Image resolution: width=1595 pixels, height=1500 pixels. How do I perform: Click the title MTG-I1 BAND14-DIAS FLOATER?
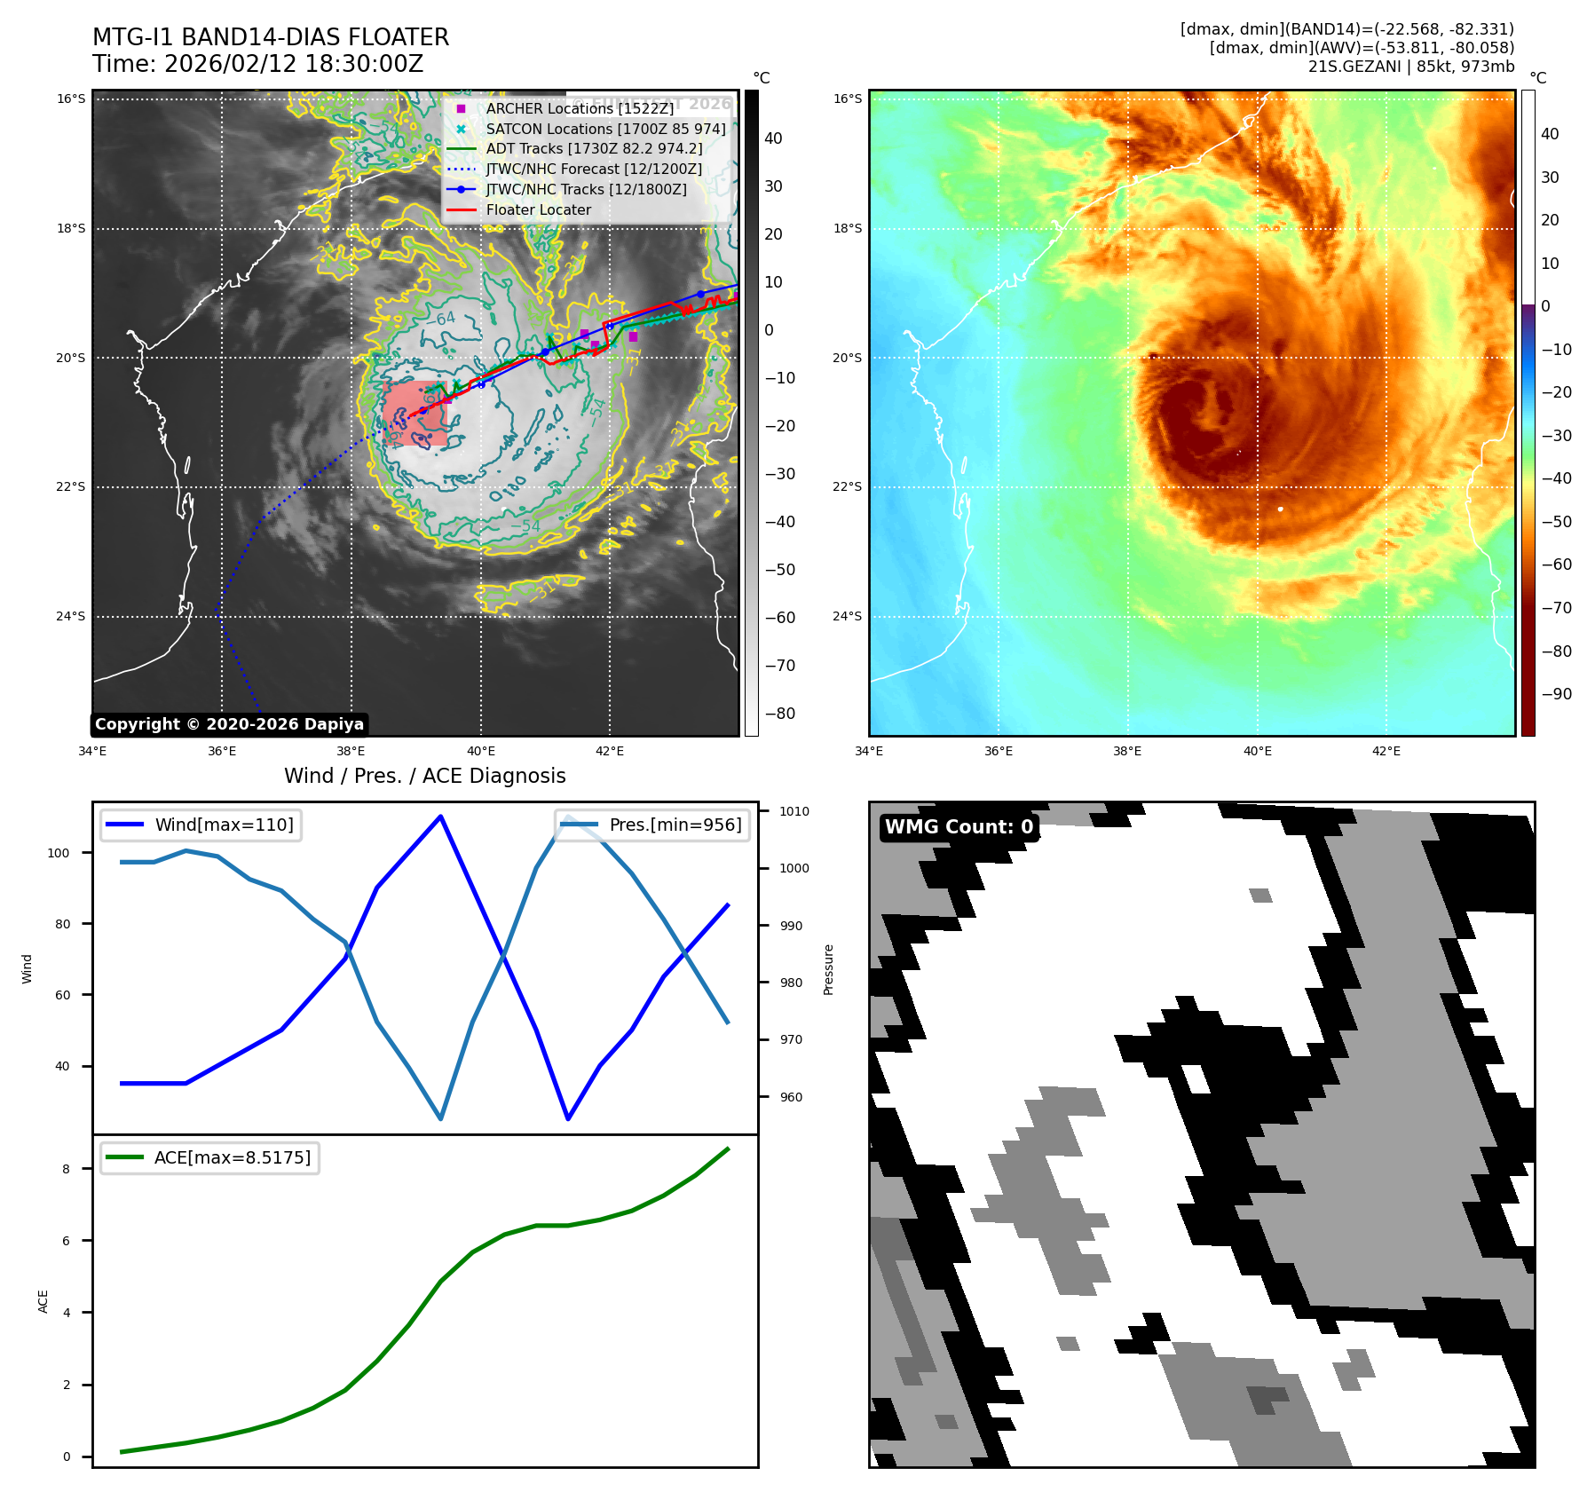coord(271,37)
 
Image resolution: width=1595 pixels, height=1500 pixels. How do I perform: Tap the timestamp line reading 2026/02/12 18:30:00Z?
coord(257,64)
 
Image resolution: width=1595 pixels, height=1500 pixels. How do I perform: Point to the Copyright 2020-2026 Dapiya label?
coord(229,724)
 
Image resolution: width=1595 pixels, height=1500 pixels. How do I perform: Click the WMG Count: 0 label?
coord(959,826)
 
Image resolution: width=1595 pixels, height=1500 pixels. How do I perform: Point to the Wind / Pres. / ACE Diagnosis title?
coord(424,776)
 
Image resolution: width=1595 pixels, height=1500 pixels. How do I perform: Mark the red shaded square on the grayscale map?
coord(415,414)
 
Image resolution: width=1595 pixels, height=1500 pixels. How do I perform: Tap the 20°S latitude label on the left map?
coord(71,358)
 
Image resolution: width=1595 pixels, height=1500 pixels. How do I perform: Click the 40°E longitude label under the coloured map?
coord(1257,751)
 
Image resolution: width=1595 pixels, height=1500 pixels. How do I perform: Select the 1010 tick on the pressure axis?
coord(794,811)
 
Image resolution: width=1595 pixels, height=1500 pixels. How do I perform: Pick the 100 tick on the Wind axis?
coord(58,853)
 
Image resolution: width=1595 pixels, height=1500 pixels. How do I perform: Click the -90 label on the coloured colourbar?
coord(1556,694)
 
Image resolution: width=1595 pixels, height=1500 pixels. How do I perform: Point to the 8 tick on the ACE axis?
coord(67,1169)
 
